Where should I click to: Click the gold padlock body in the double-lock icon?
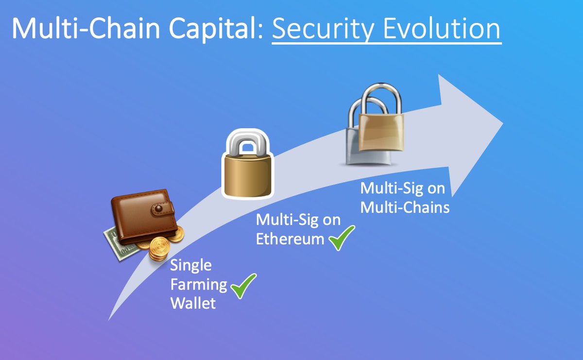(381, 133)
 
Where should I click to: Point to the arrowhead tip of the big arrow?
(500, 121)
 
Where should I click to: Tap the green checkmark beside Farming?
(243, 286)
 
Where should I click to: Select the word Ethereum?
(290, 239)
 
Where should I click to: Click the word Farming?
(199, 285)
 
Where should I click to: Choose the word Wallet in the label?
(193, 304)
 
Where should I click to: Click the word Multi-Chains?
(404, 207)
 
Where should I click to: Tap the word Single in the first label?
(190, 266)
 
